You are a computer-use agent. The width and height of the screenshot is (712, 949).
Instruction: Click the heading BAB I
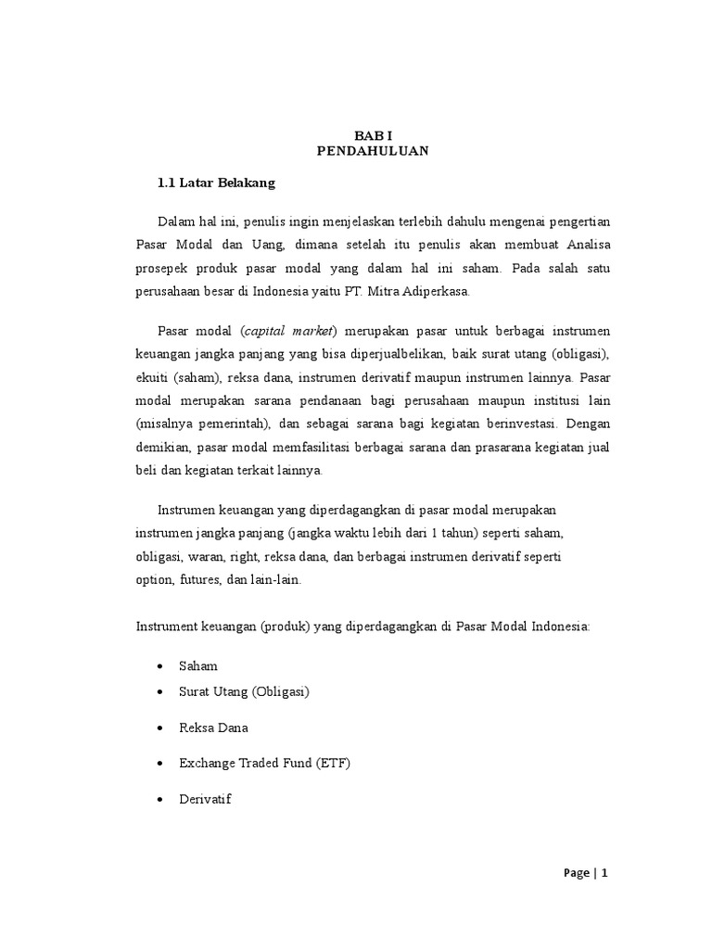[x=374, y=134]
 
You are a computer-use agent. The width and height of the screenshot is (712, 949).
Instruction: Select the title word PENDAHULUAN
[x=374, y=151]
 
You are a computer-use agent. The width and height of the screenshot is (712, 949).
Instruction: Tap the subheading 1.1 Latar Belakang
[x=217, y=183]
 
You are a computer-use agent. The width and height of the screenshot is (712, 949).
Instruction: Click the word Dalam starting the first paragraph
[x=175, y=221]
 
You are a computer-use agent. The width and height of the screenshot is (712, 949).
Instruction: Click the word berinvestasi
[x=513, y=424]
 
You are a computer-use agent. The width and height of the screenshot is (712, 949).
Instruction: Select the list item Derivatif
[x=205, y=798]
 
